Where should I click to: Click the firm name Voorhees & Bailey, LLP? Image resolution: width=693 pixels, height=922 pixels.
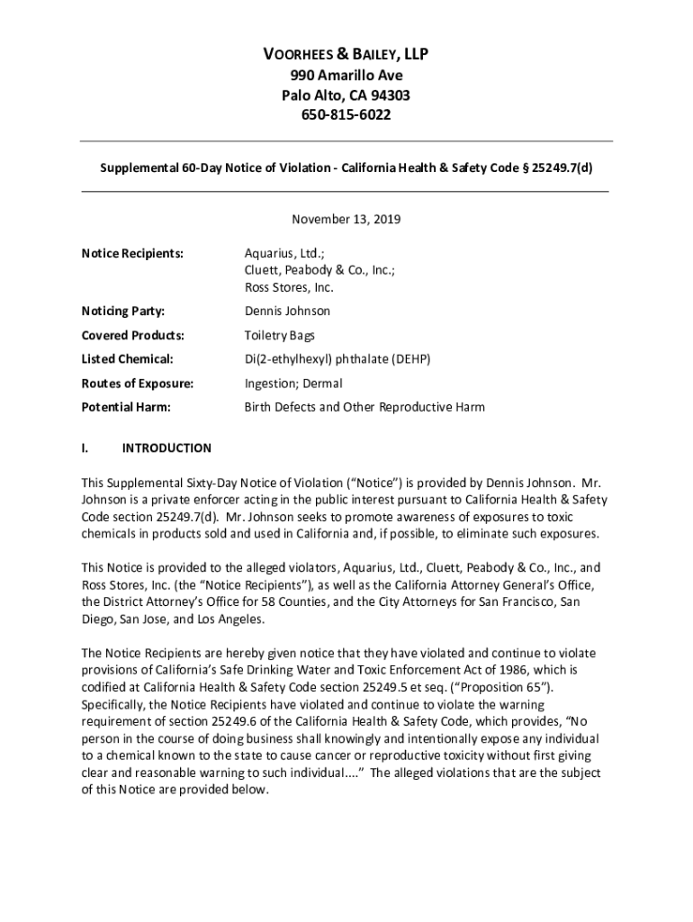(x=346, y=56)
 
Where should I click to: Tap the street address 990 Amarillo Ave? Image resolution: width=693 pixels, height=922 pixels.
(x=346, y=76)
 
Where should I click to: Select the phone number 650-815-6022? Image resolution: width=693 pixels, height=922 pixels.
(x=346, y=115)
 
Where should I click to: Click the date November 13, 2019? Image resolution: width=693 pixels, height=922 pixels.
(x=346, y=219)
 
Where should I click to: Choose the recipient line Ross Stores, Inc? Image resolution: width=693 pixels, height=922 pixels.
(x=289, y=288)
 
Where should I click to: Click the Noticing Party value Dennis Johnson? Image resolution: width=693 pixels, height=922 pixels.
(x=287, y=312)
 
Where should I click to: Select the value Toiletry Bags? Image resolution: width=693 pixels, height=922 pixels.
(x=281, y=336)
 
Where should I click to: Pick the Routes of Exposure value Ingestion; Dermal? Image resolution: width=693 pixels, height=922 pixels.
(x=293, y=384)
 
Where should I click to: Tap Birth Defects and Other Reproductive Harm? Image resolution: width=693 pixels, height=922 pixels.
(x=364, y=407)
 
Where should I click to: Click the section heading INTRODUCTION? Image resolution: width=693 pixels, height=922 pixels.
(x=166, y=447)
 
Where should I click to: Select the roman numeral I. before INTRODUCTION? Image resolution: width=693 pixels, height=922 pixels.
(x=85, y=447)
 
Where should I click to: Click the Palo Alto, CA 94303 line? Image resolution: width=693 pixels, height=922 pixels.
(x=346, y=95)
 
